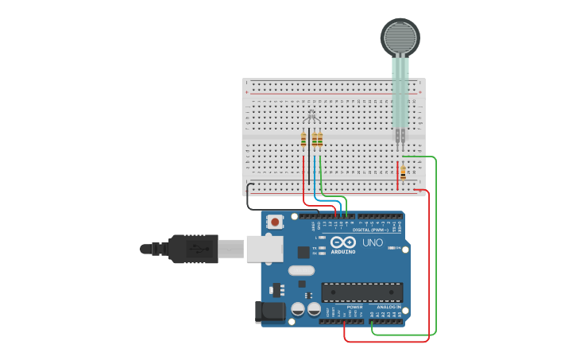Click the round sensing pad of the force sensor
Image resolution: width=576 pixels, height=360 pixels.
399,37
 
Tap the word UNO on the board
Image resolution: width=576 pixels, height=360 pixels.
372,242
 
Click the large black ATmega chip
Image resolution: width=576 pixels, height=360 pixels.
361,292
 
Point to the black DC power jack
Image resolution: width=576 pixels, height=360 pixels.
269,312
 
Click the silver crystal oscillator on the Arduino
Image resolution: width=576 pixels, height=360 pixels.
301,270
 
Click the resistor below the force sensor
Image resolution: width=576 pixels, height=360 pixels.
403,173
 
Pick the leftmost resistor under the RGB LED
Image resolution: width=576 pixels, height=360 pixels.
303,140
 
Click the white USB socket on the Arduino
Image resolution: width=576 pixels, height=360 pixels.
264,248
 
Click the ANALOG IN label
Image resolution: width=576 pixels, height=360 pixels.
389,307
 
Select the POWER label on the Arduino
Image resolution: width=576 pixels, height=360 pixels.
354,307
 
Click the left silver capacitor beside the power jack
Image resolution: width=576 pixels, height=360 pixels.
298,309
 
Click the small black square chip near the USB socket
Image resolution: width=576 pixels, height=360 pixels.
303,252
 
